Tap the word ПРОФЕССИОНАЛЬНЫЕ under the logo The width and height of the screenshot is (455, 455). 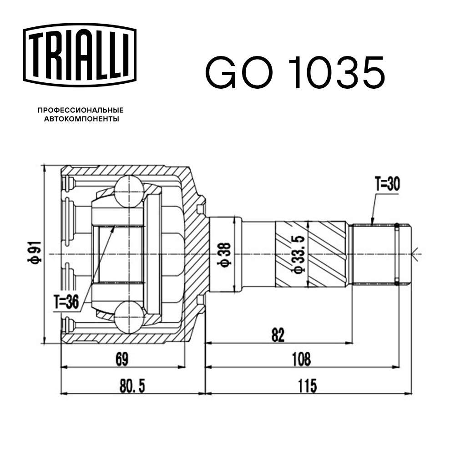pos(81,110)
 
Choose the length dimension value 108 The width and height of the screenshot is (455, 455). pos(301,359)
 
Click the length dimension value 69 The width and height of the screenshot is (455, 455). pos(121,359)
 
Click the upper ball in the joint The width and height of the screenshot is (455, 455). pos(129,191)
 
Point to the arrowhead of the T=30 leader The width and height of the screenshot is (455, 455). pos(372,223)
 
